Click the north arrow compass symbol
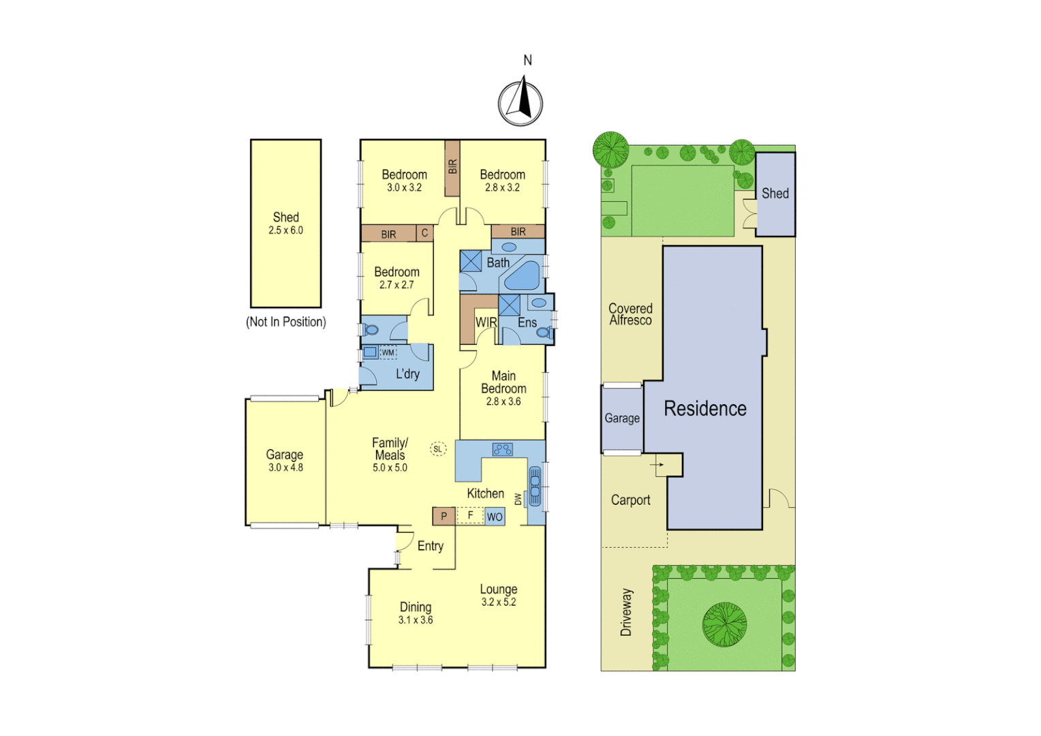point(520,103)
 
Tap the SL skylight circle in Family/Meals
point(437,448)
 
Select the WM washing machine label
point(388,352)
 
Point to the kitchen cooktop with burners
point(503,449)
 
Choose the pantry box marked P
point(444,516)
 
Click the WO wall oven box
point(495,517)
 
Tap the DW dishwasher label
point(518,500)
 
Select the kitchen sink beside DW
point(535,486)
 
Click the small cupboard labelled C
point(424,233)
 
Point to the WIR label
point(486,322)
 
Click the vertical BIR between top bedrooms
point(452,168)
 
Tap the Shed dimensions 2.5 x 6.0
point(285,230)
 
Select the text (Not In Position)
point(285,322)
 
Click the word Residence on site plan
point(705,408)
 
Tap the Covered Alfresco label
point(630,314)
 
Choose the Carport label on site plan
point(630,500)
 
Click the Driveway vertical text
point(625,612)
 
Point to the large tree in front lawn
point(724,624)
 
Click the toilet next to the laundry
point(371,330)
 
